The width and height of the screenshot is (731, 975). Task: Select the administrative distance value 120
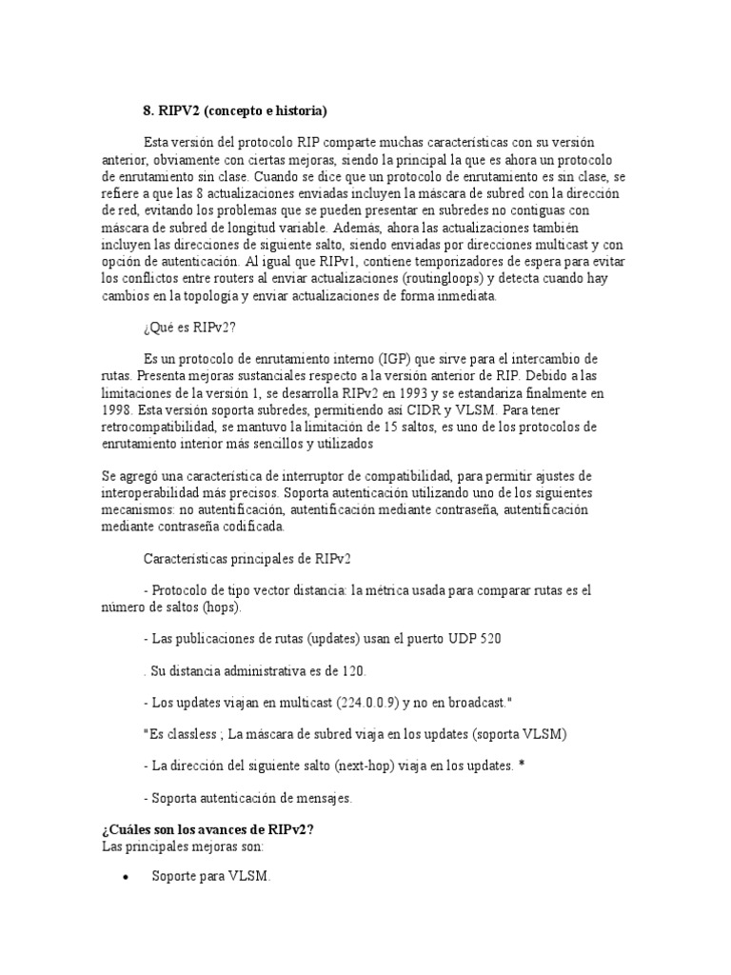tap(352, 670)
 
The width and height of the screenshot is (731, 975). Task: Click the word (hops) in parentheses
tap(219, 607)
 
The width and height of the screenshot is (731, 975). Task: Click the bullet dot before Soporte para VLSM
tap(126, 878)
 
